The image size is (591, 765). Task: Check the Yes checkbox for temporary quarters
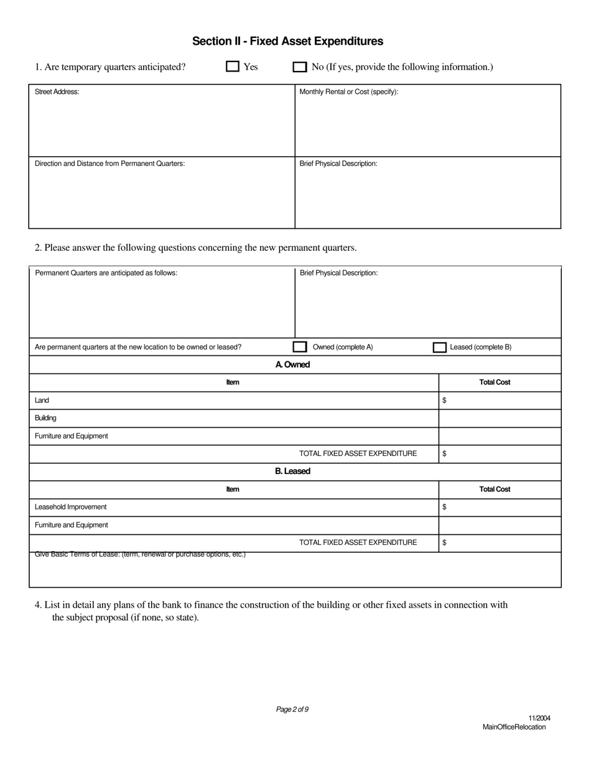point(233,67)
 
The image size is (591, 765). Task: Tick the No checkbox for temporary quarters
point(300,67)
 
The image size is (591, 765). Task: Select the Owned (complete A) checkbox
point(300,347)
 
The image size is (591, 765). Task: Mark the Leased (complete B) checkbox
point(439,347)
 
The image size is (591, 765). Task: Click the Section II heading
point(287,41)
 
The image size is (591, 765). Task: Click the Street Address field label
point(57,92)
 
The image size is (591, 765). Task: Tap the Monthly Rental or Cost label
point(348,92)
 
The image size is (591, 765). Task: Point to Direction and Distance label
point(109,164)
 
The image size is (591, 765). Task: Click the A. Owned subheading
point(292,364)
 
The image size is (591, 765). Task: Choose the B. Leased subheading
point(292,471)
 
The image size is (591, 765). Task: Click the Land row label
point(42,401)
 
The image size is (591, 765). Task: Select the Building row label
point(45,418)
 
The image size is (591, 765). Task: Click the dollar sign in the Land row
point(444,401)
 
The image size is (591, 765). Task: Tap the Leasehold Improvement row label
point(70,507)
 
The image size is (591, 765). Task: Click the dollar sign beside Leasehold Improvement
point(444,507)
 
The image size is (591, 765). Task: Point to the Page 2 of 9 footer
point(292,710)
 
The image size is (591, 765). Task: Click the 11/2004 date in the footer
point(539,718)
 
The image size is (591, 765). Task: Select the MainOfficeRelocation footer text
point(514,727)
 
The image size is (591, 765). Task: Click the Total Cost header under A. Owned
point(495,382)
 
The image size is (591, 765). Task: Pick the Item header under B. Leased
point(233,489)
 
